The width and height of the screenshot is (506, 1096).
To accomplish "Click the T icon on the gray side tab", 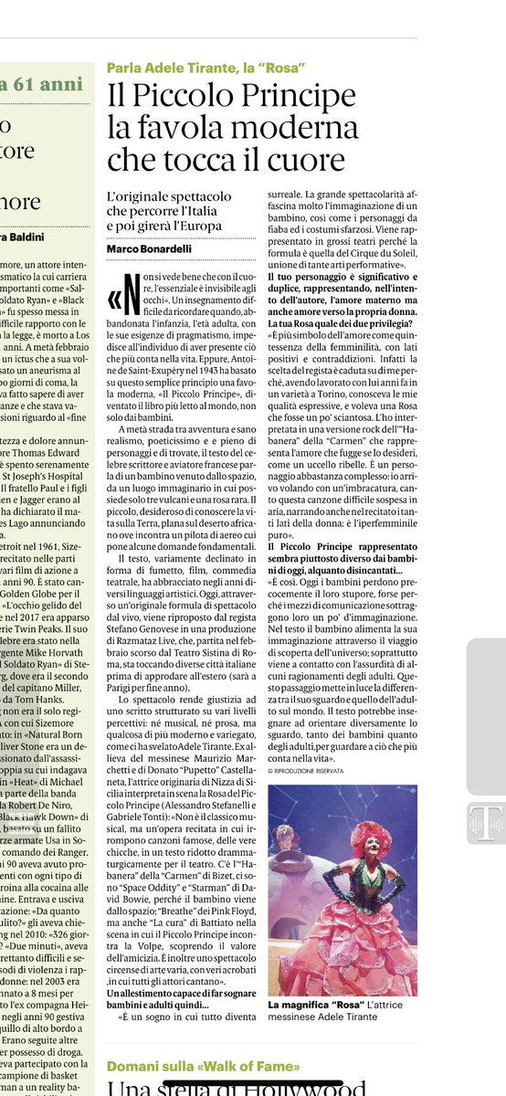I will (484, 823).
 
